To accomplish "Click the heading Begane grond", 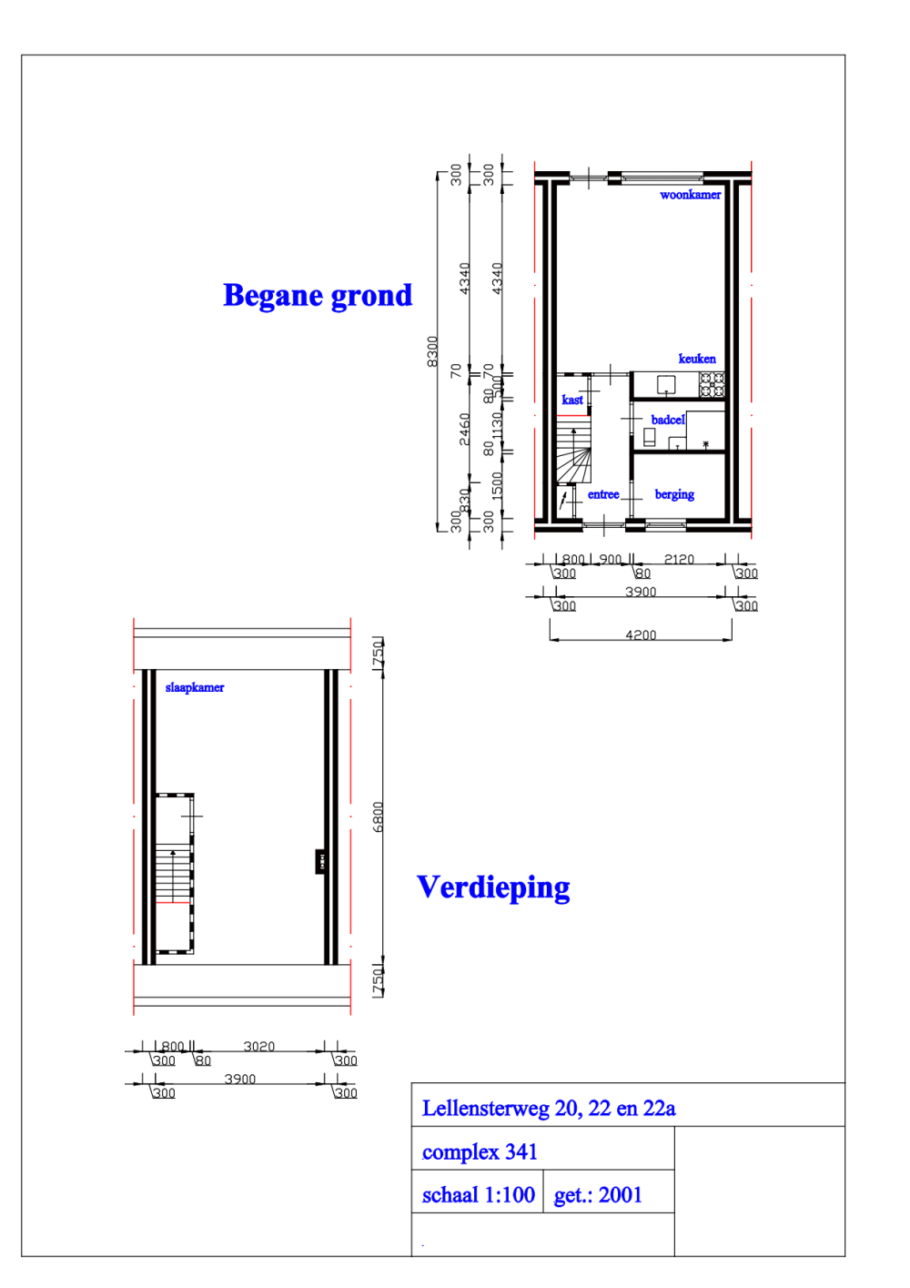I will point(317,296).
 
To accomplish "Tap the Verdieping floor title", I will point(493,887).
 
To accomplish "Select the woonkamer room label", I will point(690,195).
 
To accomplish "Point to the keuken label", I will point(697,359).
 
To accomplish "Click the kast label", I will point(572,400).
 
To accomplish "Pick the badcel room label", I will point(667,420).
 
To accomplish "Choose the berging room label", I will point(674,494).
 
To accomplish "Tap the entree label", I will point(603,494).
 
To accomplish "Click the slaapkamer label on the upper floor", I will point(195,687).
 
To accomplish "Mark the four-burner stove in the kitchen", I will point(712,385).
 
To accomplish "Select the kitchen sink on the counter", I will point(666,384).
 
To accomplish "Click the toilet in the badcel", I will point(650,437).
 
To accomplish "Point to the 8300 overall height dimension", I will point(432,351).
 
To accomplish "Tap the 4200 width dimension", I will point(641,634).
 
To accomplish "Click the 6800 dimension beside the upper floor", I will point(379,816).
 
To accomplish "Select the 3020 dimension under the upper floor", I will point(258,1046).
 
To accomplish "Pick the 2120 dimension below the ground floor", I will point(679,559).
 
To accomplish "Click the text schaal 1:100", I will point(478,1195).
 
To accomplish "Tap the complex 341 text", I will point(480,1152).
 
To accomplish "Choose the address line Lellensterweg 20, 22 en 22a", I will point(549,1109).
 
